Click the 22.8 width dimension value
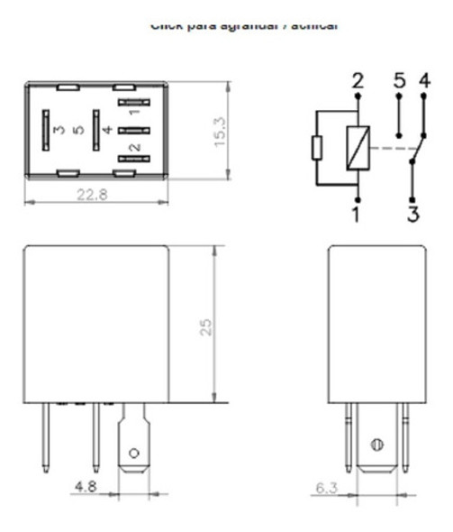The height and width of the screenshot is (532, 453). click(91, 196)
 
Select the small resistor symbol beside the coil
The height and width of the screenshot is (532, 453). click(315, 148)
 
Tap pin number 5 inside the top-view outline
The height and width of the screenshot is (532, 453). click(80, 131)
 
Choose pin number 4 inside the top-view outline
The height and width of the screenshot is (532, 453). click(106, 131)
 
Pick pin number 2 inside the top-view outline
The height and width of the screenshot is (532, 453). click(134, 147)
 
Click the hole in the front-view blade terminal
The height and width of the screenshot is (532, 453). click(134, 451)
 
